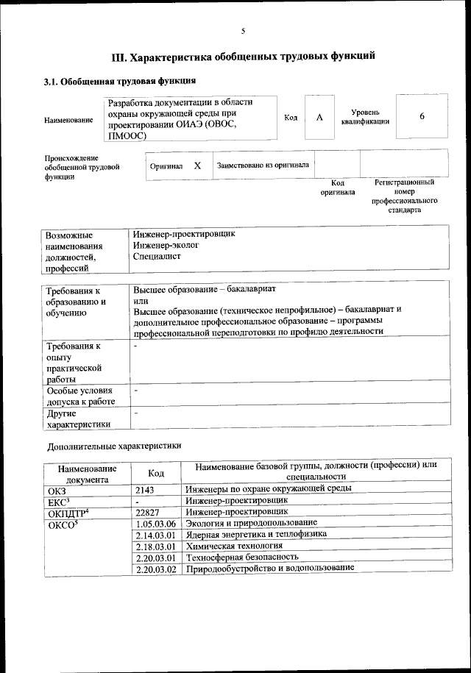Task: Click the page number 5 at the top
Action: click(242, 31)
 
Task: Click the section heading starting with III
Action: click(243, 55)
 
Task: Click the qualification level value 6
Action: click(422, 117)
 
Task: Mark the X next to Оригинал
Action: click(197, 166)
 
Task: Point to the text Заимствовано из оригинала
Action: click(263, 165)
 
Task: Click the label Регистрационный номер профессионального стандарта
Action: click(404, 196)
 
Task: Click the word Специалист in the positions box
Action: click(157, 257)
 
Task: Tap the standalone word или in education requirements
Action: click(141, 299)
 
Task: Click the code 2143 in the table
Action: click(146, 488)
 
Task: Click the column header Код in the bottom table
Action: click(155, 473)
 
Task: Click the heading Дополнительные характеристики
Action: click(114, 446)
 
